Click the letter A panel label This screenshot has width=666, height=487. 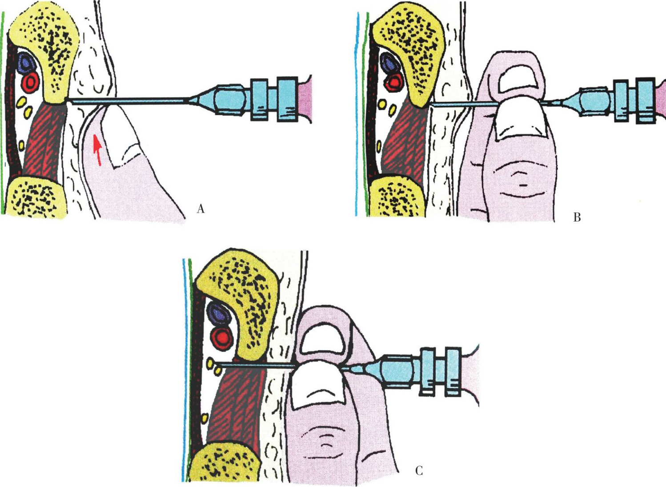pos(201,209)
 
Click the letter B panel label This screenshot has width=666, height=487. pos(577,217)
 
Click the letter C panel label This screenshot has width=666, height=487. pos(419,471)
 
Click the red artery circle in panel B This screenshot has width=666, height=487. pos(395,82)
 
